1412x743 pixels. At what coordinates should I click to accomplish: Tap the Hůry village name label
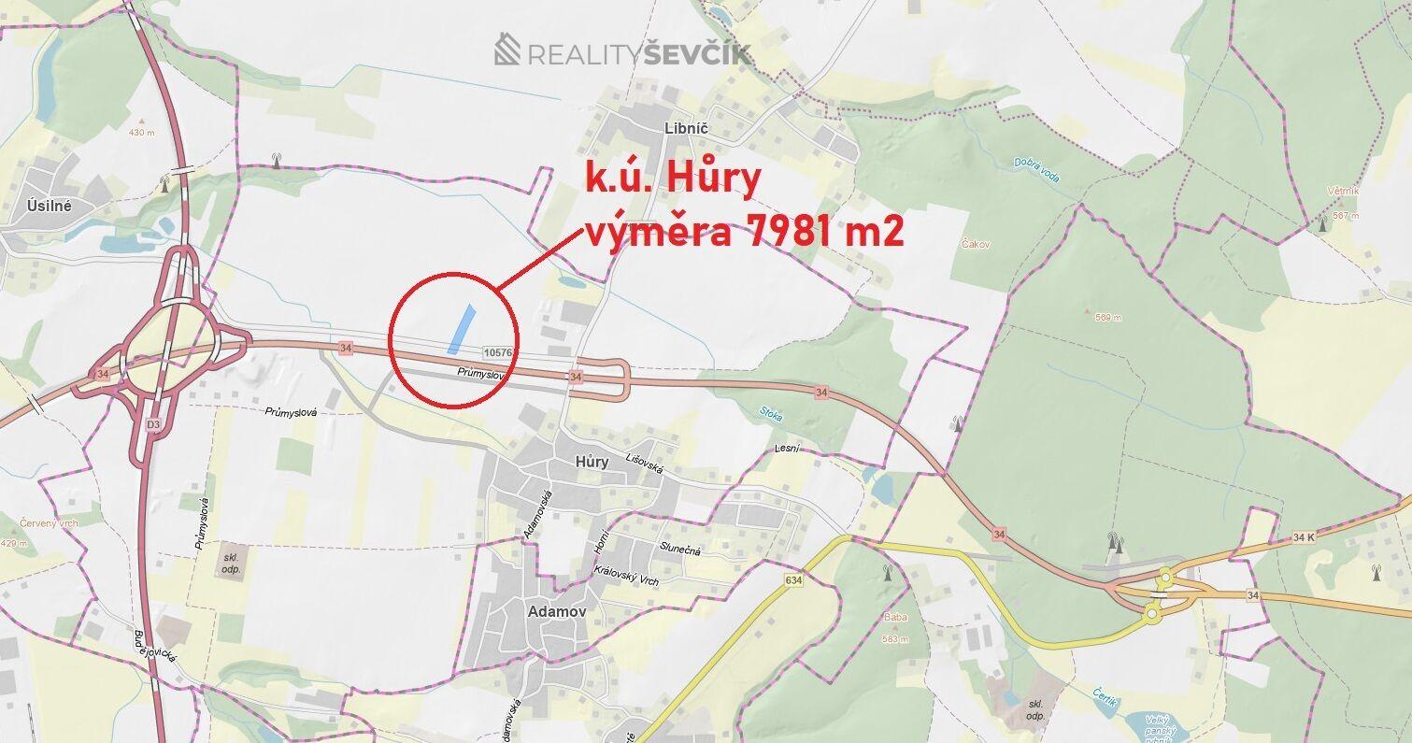(592, 461)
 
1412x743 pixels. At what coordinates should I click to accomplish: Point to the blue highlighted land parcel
(461, 329)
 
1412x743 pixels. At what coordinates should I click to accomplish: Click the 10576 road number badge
(499, 351)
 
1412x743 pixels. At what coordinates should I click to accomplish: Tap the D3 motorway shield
(153, 424)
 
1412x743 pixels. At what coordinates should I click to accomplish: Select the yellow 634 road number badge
(794, 580)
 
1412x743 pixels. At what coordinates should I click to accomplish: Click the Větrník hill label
(1341, 191)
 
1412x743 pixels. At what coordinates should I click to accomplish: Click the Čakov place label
(975, 244)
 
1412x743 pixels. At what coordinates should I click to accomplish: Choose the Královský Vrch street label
(626, 576)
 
